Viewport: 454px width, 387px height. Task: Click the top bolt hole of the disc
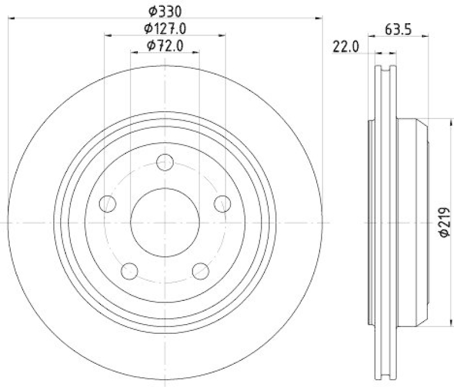coord(165,163)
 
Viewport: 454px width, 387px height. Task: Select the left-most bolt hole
coord(107,203)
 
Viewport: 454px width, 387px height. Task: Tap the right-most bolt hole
coord(222,203)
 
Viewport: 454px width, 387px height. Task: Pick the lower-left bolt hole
coord(129,270)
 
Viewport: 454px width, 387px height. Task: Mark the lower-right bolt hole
coord(200,270)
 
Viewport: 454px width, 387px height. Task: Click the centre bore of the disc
coord(165,222)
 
